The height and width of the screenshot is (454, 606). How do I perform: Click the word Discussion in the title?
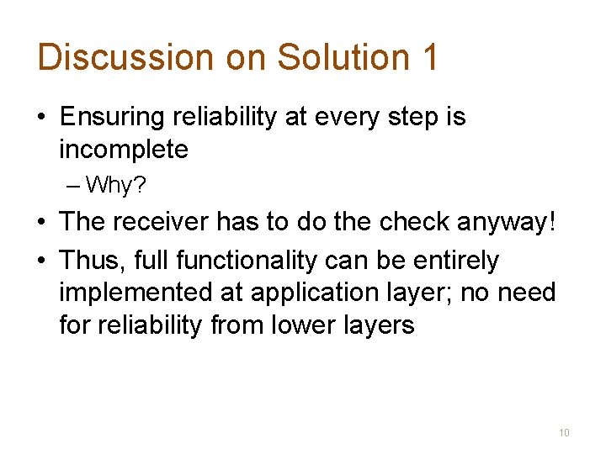125,57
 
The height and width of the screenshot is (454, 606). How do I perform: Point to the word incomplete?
123,150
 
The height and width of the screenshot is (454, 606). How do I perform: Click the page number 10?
564,433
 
